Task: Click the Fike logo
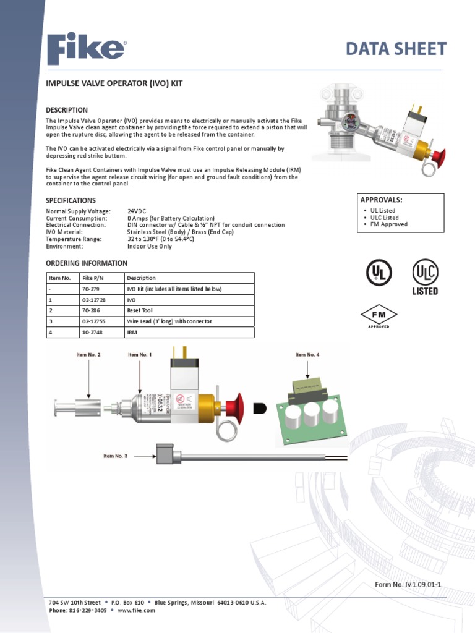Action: coord(87,49)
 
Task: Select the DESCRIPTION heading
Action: coord(67,110)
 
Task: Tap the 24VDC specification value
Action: coord(137,211)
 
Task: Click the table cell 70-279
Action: coord(91,289)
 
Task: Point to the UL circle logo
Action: coord(379,272)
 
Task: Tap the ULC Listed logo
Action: coord(425,276)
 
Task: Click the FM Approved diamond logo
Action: coord(379,316)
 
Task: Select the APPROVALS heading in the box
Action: coord(381,200)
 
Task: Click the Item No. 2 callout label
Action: coord(88,355)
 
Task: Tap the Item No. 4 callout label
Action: coord(307,355)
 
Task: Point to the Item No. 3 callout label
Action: coord(116,456)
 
